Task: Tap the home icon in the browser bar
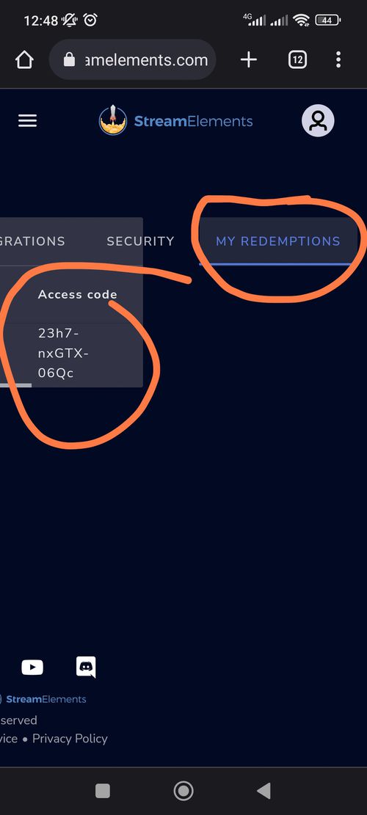[24, 60]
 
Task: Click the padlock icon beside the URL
[69, 60]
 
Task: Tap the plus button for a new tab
[249, 60]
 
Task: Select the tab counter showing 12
[297, 60]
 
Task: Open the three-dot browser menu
[338, 59]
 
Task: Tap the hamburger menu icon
[28, 121]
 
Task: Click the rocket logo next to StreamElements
[113, 120]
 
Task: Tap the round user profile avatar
[318, 120]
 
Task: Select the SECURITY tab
[140, 241]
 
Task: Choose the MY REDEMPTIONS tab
[278, 241]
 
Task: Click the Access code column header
[78, 295]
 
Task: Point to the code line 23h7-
[59, 333]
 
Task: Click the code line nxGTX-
[63, 354]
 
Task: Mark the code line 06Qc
[56, 373]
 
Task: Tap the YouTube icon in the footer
[32, 668]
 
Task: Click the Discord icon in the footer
[86, 668]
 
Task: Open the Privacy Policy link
[70, 739]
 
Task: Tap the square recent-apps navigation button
[103, 791]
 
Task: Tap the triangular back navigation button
[264, 791]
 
